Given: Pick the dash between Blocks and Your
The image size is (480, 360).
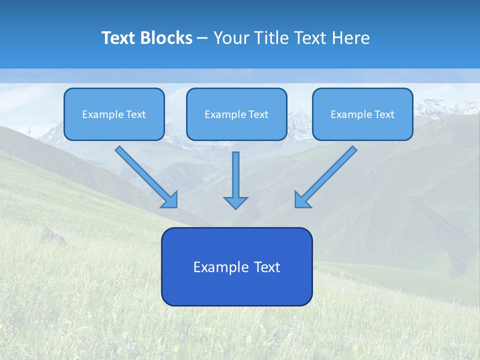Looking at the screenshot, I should [202, 38].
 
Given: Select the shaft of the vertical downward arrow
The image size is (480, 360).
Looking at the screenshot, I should [235, 172].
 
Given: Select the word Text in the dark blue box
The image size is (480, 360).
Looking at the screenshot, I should [267, 267].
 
